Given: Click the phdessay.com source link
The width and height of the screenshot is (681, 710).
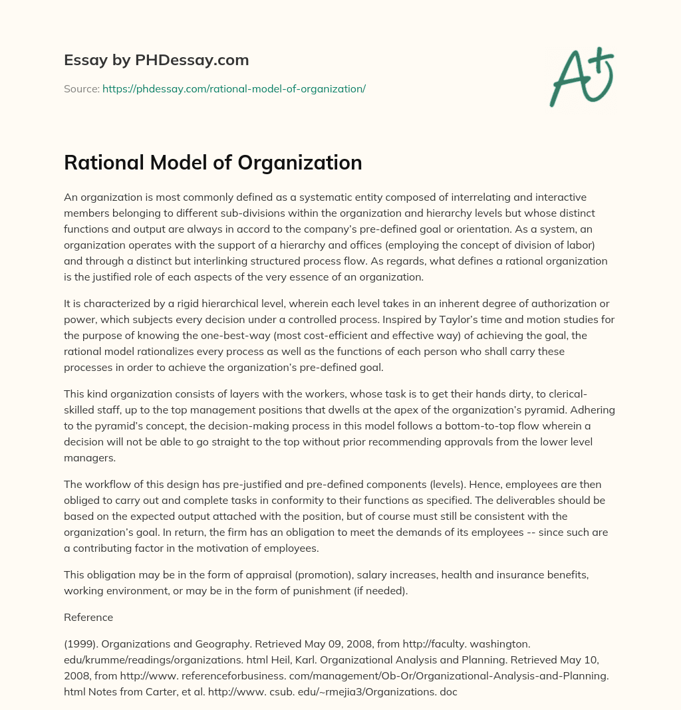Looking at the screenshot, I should [234, 88].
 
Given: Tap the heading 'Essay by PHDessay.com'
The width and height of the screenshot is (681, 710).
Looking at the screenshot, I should [156, 60].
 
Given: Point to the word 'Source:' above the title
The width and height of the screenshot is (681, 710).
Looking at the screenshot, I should [81, 88].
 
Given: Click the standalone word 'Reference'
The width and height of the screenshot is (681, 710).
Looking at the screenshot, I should [88, 617].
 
